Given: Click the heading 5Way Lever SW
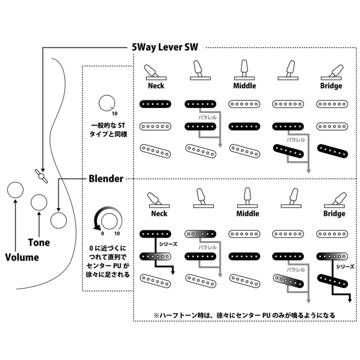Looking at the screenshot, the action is pyautogui.click(x=165, y=47).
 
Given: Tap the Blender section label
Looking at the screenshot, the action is pyautogui.click(x=106, y=179).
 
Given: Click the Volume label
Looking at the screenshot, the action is pyautogui.click(x=22, y=257).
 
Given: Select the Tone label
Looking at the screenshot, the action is pyautogui.click(x=39, y=243).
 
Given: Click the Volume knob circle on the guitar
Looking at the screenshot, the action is pyautogui.click(x=15, y=190).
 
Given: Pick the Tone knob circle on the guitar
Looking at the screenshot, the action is pyautogui.click(x=39, y=202).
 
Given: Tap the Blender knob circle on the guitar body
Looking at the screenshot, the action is pyautogui.click(x=58, y=220).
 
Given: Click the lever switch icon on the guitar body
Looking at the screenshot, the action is pyautogui.click(x=41, y=176).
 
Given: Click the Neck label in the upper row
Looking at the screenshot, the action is pyautogui.click(x=156, y=85).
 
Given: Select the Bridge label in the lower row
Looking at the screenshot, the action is pyautogui.click(x=334, y=213).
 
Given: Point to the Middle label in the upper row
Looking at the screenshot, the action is pyautogui.click(x=244, y=85).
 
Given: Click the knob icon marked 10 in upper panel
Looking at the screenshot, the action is pyautogui.click(x=107, y=103).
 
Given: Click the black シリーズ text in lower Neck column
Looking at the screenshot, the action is pyautogui.click(x=168, y=244).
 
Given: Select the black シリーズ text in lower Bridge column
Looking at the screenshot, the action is pyautogui.click(x=345, y=266).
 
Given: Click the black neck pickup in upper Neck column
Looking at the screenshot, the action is pyautogui.click(x=155, y=104).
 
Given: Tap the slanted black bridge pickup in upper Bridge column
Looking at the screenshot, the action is pyautogui.click(x=333, y=151).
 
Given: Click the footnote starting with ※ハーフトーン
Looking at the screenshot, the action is pyautogui.click(x=244, y=315).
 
